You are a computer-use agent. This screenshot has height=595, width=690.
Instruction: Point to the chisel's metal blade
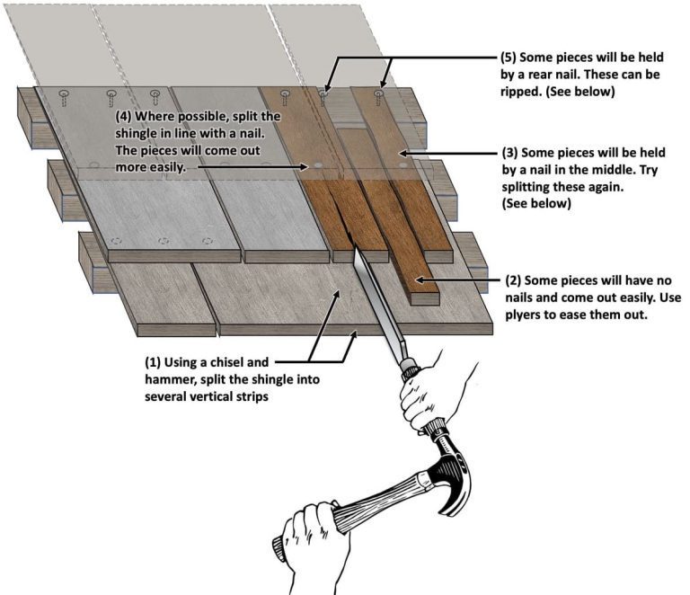tap(373, 296)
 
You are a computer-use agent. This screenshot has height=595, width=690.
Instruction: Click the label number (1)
tap(155, 363)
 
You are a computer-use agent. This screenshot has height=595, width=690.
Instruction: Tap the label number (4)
tap(127, 118)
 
